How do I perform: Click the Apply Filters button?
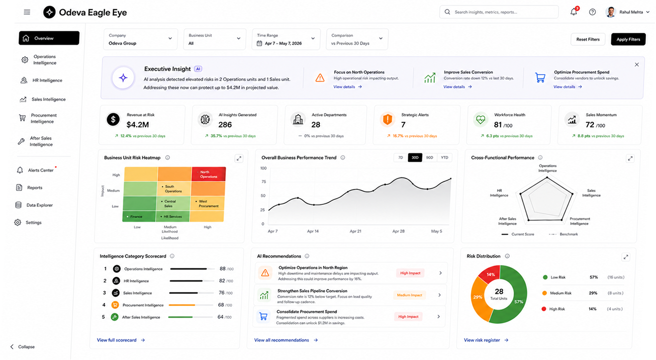[x=628, y=39]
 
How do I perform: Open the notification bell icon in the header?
[x=573, y=12]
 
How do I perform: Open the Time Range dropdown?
[x=286, y=39]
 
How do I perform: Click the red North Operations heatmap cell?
[x=208, y=174]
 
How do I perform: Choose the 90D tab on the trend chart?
[x=429, y=158]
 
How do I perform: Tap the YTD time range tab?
[x=444, y=158]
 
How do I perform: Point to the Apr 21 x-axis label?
[x=355, y=231]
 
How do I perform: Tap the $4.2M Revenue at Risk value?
[x=138, y=125]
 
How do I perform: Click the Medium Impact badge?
[x=409, y=295]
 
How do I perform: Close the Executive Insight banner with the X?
[x=637, y=65]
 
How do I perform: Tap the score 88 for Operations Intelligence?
[x=223, y=269]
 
